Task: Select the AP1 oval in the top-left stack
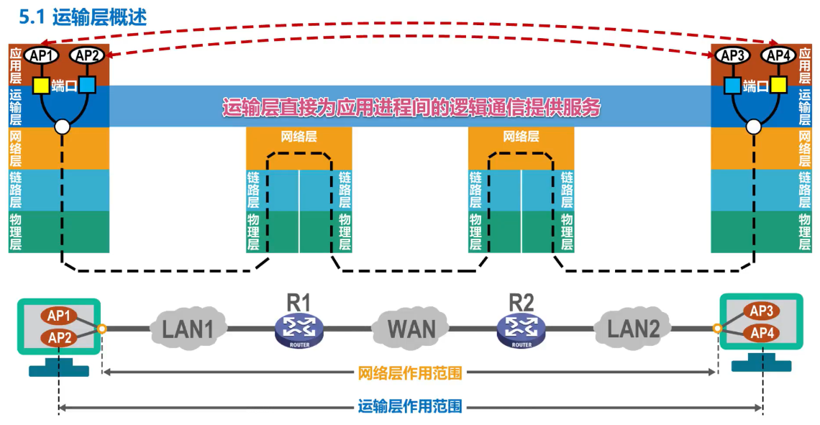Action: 42,55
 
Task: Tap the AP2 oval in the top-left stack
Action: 87,55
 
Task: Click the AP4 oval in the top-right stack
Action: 778,55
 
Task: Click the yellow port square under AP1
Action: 41,86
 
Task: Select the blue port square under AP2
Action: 87,86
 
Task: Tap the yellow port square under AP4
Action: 778,86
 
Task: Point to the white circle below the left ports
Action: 63,127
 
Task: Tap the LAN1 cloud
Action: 188,329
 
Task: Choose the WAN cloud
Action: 411,329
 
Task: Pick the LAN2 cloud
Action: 633,329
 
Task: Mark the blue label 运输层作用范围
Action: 410,407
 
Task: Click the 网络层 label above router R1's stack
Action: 299,137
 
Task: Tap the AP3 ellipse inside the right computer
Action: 761,311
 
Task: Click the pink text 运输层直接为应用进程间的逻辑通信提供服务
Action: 411,107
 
